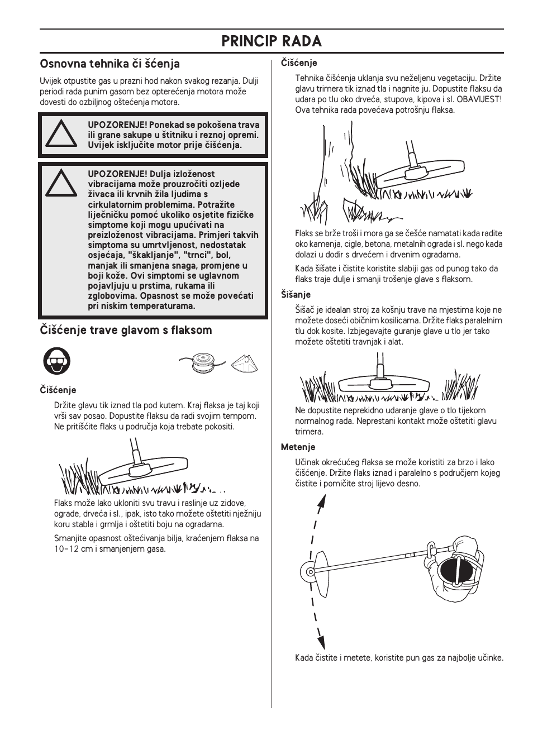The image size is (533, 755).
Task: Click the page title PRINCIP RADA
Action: [272, 41]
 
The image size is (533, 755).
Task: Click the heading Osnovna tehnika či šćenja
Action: [110, 64]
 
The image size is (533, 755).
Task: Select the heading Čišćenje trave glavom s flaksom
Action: [126, 330]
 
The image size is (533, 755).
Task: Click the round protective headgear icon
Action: [56, 361]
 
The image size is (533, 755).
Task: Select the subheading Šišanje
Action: [296, 294]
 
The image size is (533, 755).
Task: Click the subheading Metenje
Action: [298, 447]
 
